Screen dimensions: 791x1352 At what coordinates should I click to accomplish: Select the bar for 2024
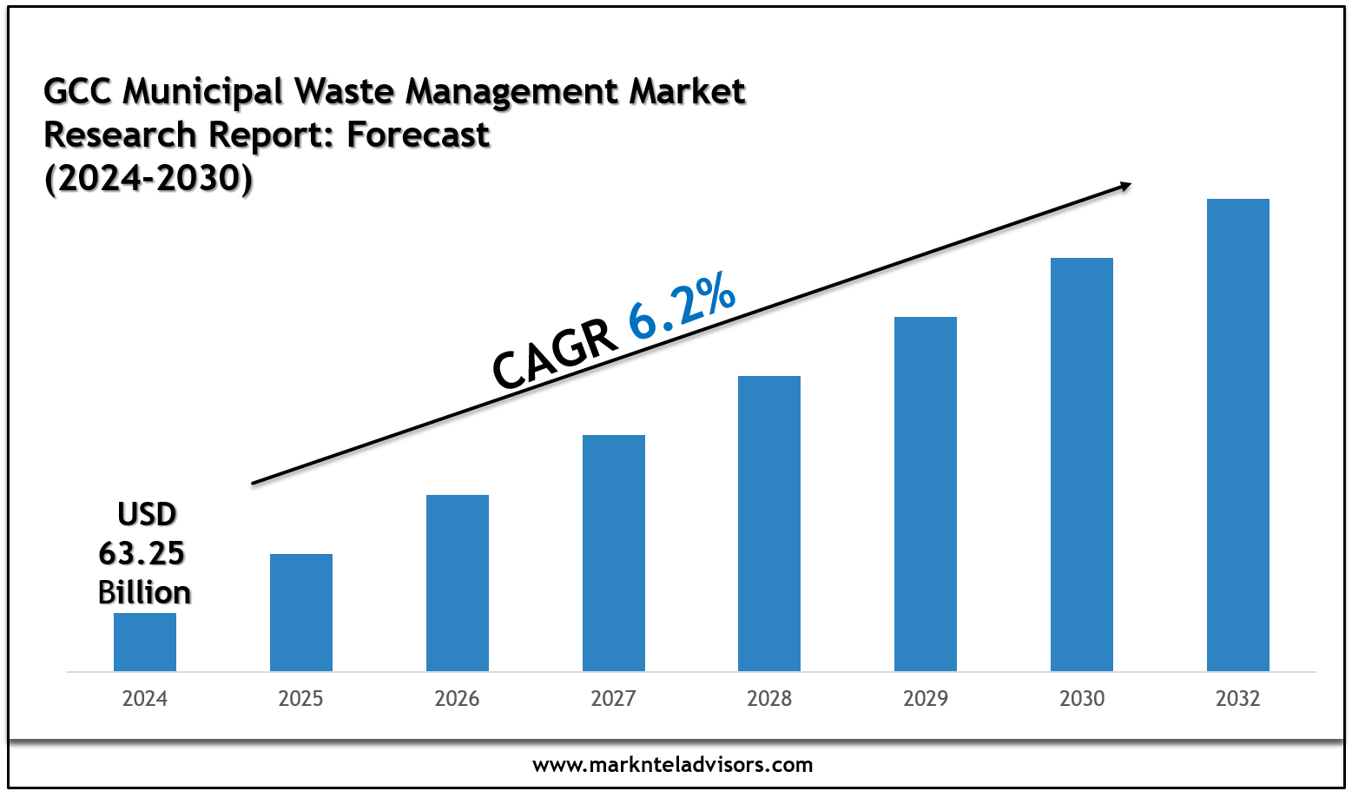(145, 642)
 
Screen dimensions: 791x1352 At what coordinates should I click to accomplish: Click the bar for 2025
(301, 612)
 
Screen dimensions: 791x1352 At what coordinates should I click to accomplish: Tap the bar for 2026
(458, 583)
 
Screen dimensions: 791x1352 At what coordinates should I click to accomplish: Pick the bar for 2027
(614, 553)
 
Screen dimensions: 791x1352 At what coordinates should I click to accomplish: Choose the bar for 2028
(769, 524)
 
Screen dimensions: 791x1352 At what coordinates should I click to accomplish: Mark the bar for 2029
(926, 494)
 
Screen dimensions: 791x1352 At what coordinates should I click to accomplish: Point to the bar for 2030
(1082, 465)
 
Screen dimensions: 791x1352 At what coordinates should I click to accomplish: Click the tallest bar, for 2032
(1238, 435)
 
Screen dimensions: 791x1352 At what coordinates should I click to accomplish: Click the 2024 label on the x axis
(145, 699)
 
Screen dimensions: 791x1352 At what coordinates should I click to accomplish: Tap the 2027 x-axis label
(614, 699)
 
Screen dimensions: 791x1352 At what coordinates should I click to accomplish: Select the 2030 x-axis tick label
(1082, 699)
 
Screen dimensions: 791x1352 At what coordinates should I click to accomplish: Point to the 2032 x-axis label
(1238, 699)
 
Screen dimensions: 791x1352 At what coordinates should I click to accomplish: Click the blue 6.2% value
(682, 307)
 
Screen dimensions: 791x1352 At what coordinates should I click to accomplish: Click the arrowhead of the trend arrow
(1125, 185)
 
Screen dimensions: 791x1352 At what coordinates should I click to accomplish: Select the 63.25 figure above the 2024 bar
(142, 553)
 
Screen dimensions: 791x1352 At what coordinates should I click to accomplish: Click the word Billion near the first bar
(144, 593)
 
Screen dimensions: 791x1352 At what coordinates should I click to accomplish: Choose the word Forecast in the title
(419, 135)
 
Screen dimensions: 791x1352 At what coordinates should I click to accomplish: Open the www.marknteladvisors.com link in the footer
(673, 765)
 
